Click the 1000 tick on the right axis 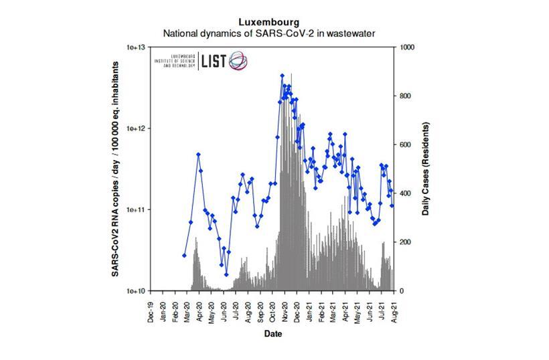click(408, 48)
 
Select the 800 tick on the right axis click(406, 96)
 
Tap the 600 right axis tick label click(406, 145)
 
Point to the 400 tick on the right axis click(406, 193)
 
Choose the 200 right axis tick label click(406, 242)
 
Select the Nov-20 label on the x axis click(285, 311)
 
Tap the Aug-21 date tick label click(395, 311)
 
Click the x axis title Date click(272, 333)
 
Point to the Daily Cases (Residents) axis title click(426, 169)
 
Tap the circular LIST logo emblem click(239, 61)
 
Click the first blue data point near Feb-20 click(184, 256)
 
